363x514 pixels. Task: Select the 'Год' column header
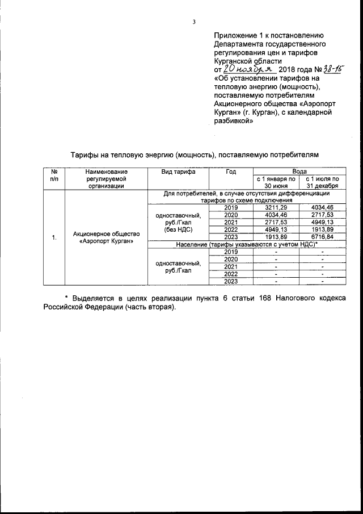click(231, 171)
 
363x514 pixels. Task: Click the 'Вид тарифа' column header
click(178, 171)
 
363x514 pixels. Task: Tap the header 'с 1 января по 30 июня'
click(276, 182)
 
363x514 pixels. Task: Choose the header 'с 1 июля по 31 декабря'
click(322, 182)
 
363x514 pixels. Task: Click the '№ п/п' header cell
click(54, 175)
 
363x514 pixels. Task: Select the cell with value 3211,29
click(276, 208)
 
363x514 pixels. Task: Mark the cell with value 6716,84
click(322, 237)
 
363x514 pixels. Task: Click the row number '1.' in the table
click(54, 237)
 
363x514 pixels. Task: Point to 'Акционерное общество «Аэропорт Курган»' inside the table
click(106, 237)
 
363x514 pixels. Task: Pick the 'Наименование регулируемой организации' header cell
click(106, 178)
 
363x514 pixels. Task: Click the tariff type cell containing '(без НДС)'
click(178, 223)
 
